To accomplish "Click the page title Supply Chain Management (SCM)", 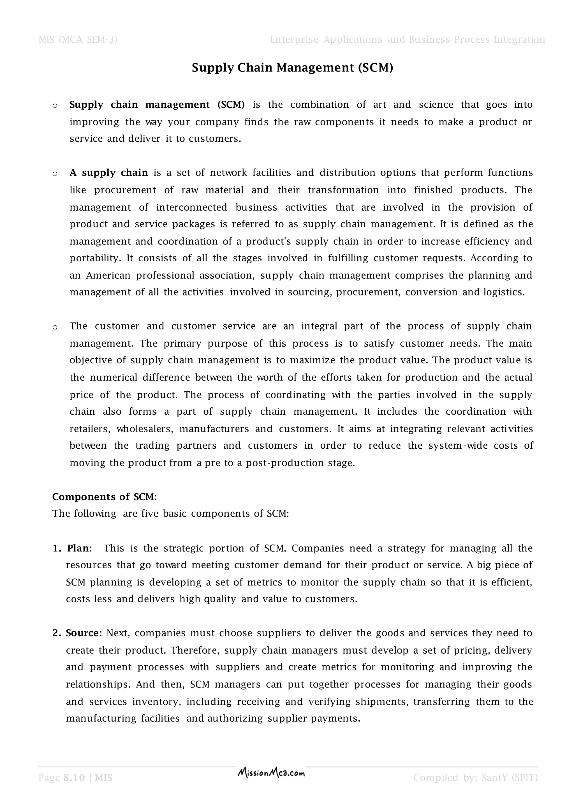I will click(292, 68).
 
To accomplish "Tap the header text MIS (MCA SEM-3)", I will click(78, 39).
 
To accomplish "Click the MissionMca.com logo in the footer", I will click(271, 773).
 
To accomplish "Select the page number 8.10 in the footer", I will click(74, 778).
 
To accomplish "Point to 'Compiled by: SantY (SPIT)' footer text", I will click(475, 778).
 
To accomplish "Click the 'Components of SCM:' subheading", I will click(104, 497).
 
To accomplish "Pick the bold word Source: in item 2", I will click(84, 633).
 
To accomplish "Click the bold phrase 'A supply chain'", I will click(109, 173).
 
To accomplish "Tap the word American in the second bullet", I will click(108, 276).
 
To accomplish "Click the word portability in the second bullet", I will click(95, 258).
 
